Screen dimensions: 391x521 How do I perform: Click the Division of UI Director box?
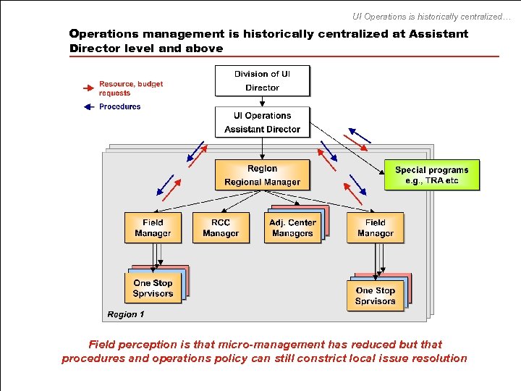point(262,80)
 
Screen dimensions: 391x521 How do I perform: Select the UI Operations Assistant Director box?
point(262,122)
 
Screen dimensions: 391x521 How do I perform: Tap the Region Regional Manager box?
point(262,175)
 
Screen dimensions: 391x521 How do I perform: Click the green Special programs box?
point(432,175)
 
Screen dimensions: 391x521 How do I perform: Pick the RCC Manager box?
point(221,227)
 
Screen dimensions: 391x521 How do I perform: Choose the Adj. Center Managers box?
point(292,227)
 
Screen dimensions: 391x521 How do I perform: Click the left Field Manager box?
point(153,227)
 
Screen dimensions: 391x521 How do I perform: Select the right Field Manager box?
point(375,227)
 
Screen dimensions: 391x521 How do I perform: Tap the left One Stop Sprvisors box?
point(153,288)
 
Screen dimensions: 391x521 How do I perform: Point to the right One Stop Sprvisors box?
point(375,295)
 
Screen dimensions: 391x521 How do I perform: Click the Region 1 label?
point(126,314)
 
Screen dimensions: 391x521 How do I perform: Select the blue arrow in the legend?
point(88,106)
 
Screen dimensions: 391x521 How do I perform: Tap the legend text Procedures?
point(120,106)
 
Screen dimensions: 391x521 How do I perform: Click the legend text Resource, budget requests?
point(131,88)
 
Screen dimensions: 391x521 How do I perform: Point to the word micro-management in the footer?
point(265,345)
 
